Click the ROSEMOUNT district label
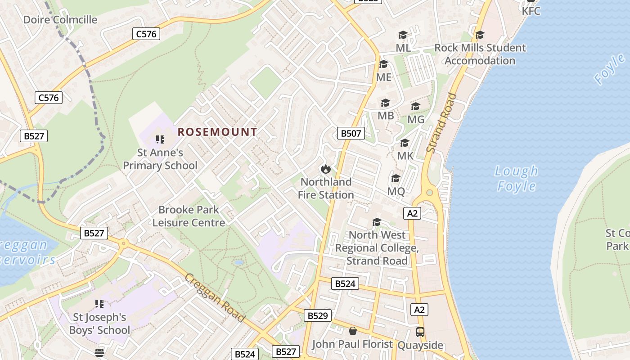coord(217,132)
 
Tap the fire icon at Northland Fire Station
coord(325,169)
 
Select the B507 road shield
coord(351,133)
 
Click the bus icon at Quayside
coord(420,332)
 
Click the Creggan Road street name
coord(215,298)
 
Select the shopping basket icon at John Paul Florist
coord(353,331)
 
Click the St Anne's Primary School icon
coord(160,139)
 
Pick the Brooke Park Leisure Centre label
coord(189,216)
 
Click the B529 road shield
coord(317,315)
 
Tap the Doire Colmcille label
coord(60,20)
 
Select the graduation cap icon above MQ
coord(396,179)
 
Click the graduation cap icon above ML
coord(403,35)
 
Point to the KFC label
coord(531,11)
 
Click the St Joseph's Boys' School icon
coord(99,304)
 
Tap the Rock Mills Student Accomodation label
coord(480,54)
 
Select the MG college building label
coord(416,120)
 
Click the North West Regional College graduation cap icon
coord(377,222)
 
